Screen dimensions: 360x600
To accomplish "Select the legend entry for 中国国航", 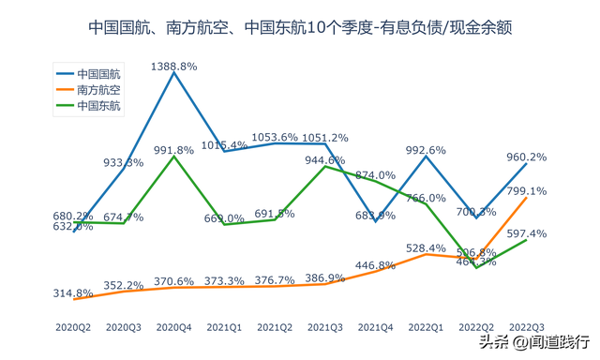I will [98, 72].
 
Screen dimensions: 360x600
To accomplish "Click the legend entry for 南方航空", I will [98, 89].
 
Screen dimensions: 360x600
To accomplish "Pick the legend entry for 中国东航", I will [98, 106].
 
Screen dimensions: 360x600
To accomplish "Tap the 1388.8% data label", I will [174, 67].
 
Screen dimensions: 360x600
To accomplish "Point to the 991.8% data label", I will [174, 150].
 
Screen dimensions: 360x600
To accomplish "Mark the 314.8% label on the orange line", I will [73, 292].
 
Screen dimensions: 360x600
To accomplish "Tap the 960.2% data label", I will [527, 157].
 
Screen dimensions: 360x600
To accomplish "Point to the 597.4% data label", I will [527, 232].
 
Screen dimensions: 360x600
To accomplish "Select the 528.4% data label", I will [427, 247].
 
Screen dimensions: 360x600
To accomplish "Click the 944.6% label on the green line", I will [325, 160].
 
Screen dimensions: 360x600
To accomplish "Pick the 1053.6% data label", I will [275, 137].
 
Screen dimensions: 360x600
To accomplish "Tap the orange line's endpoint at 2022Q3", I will [527, 198].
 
